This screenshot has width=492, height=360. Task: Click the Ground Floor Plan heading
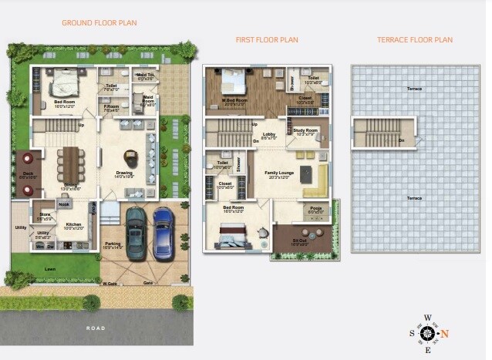coord(99,22)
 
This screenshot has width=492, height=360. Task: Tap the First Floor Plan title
coord(267,39)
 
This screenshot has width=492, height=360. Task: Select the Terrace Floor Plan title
coord(415,39)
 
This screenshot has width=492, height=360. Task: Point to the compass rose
coord(427,333)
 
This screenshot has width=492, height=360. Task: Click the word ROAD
coord(96,328)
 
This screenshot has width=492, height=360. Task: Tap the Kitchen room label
coord(74,225)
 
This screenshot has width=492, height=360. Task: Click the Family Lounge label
coord(279,173)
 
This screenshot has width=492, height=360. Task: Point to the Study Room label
coord(305,131)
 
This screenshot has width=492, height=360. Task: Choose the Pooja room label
coord(315,208)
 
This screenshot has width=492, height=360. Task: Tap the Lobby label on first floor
coord(269,135)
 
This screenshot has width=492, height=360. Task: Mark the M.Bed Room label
coord(235,100)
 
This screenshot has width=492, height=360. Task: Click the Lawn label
coord(49,269)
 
